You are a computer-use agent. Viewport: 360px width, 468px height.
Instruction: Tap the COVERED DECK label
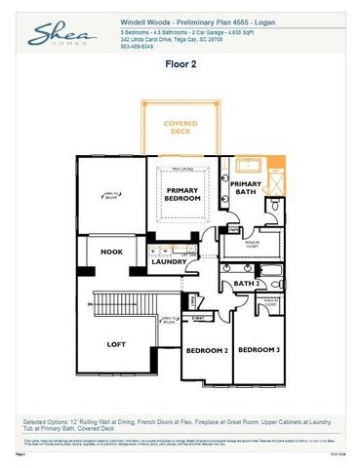(x=180, y=128)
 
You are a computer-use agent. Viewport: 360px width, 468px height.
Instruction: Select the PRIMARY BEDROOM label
(x=183, y=194)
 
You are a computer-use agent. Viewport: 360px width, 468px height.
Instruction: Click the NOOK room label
(x=112, y=252)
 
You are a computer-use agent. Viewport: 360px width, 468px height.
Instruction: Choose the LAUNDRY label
(x=169, y=261)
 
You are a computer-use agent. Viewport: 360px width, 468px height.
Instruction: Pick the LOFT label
(x=116, y=343)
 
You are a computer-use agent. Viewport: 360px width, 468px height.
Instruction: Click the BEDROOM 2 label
(x=207, y=349)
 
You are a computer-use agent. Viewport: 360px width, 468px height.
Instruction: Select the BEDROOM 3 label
(x=259, y=349)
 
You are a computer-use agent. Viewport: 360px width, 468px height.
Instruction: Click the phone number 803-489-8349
(x=138, y=45)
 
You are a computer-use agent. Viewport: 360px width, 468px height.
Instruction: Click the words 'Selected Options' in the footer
(x=44, y=421)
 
